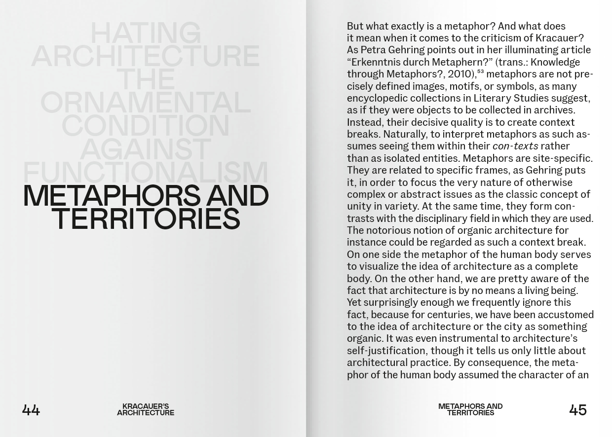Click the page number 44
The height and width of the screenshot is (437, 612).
click(31, 410)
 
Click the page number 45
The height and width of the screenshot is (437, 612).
click(577, 410)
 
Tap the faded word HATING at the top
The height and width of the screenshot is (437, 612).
click(145, 34)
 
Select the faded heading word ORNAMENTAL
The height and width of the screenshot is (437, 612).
click(145, 103)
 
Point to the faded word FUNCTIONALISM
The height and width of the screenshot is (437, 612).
click(145, 172)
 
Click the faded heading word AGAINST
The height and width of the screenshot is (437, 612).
click(145, 149)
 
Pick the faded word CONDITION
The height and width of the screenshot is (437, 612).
click(145, 126)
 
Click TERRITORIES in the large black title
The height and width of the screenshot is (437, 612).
click(145, 219)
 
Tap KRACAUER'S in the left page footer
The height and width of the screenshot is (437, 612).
click(145, 406)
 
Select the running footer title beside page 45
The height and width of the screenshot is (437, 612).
click(470, 409)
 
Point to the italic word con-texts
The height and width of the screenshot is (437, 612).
click(515, 146)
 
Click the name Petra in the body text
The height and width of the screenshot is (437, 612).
click(374, 50)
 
